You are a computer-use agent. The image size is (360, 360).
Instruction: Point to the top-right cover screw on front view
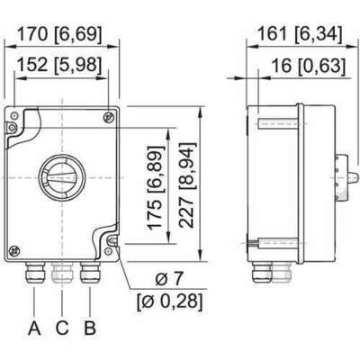click(x=109, y=116)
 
